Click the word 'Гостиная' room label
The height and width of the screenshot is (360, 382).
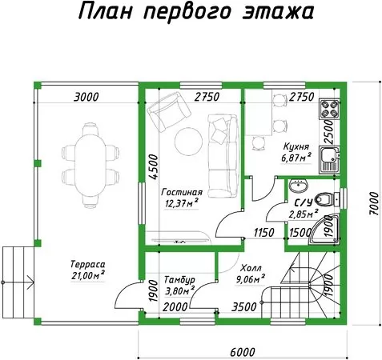coord(182,192)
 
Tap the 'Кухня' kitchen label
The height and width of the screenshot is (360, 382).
coord(296,146)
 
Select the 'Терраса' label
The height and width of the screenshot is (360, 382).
coord(88,264)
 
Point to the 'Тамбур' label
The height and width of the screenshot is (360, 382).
coord(179,280)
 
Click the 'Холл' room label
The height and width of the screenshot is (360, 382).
coord(251,268)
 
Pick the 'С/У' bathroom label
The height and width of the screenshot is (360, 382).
coord(304,203)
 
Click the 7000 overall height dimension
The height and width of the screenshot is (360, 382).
coord(373,204)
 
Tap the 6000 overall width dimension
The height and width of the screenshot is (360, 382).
coord(243,352)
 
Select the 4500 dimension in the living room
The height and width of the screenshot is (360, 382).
coord(153,166)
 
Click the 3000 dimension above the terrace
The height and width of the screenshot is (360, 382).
coord(86,97)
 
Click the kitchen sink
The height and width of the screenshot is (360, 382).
coord(330,160)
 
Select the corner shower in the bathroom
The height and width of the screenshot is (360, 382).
coord(324,229)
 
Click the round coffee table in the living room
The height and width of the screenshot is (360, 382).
coord(188,142)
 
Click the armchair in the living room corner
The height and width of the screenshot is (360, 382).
coord(169,112)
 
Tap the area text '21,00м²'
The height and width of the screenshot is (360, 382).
coord(88,275)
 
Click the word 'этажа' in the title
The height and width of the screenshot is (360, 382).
coord(278,12)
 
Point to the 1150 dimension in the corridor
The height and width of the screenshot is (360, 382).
coord(263,233)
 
